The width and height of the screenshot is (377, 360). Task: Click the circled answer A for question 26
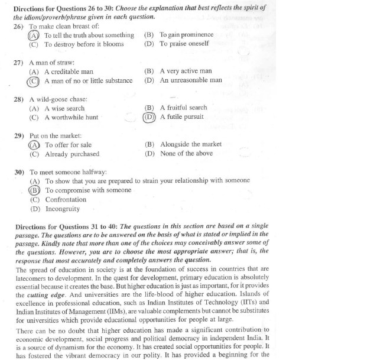click(x=34, y=35)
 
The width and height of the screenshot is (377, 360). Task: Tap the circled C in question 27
click(x=34, y=80)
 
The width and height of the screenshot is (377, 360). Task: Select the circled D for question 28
click(x=149, y=116)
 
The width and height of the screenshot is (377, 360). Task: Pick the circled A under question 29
click(x=34, y=145)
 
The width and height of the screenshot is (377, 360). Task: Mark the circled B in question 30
click(x=35, y=190)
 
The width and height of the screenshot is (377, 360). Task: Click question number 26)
click(x=18, y=27)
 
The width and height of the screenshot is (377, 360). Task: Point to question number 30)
click(x=19, y=172)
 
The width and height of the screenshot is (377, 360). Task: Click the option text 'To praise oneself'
click(x=184, y=44)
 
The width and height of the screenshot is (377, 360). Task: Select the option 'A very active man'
click(x=186, y=72)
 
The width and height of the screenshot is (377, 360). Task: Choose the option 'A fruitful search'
click(x=184, y=108)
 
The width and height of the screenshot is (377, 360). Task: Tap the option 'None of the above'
click(x=186, y=154)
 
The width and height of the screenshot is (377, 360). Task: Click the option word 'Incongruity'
click(x=63, y=209)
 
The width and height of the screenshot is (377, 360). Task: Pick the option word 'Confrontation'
click(x=66, y=200)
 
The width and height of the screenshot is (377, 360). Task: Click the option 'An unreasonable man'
click(x=191, y=80)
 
